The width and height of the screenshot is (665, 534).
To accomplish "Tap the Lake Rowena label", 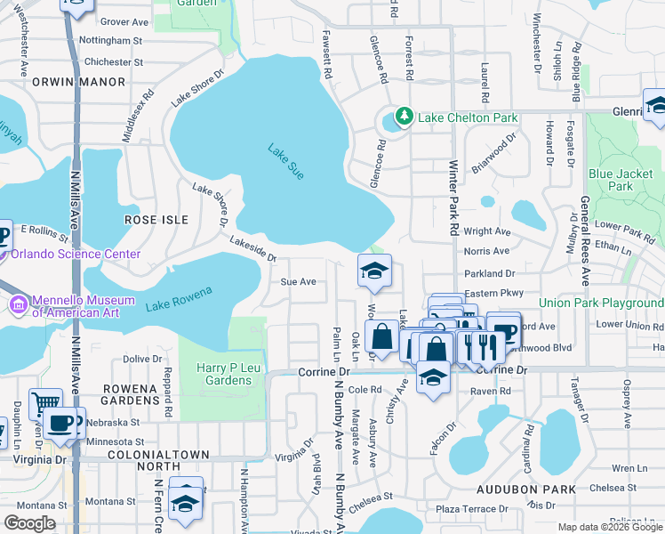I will pyautogui.click(x=179, y=300).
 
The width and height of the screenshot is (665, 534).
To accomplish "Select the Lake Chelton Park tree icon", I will pyautogui.click(x=405, y=117).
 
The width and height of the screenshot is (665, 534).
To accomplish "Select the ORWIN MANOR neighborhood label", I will pyautogui.click(x=68, y=81).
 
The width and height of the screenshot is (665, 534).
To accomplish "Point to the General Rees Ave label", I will pyautogui.click(x=585, y=240).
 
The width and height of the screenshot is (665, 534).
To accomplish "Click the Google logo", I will pyautogui.click(x=29, y=524).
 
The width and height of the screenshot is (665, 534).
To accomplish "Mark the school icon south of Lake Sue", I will pyautogui.click(x=374, y=271).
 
